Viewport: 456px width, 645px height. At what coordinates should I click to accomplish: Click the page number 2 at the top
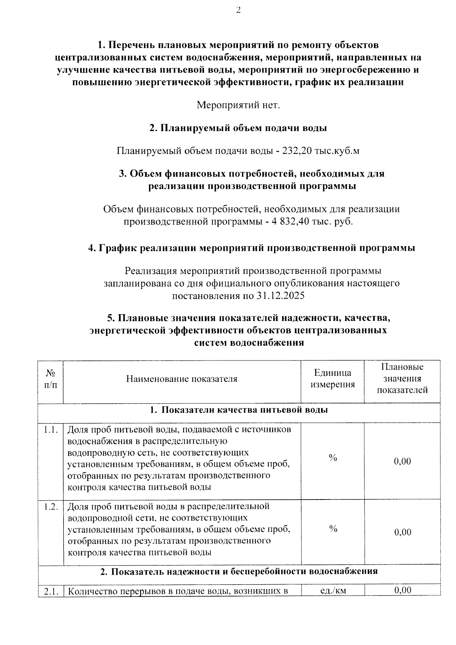pyautogui.click(x=238, y=10)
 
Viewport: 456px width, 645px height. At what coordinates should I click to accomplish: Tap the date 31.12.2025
pyautogui.click(x=280, y=295)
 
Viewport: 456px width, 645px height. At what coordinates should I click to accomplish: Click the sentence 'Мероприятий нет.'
pyautogui.click(x=238, y=105)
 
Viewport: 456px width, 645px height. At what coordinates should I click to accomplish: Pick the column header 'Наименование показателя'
pyautogui.click(x=182, y=378)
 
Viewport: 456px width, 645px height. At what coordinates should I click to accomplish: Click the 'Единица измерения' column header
pyautogui.click(x=332, y=378)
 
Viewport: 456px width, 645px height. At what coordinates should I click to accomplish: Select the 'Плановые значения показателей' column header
pyautogui.click(x=402, y=378)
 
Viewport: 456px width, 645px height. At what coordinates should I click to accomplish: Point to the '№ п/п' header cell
pyautogui.click(x=51, y=378)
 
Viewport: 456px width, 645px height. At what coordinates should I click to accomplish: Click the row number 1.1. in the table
pyautogui.click(x=51, y=430)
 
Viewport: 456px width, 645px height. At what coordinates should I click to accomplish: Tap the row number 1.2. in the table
pyautogui.click(x=51, y=507)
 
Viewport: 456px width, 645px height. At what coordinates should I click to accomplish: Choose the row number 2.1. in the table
pyautogui.click(x=51, y=591)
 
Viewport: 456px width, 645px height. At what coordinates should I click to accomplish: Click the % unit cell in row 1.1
pyautogui.click(x=333, y=458)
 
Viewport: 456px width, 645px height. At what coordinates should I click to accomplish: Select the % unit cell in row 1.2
pyautogui.click(x=333, y=529)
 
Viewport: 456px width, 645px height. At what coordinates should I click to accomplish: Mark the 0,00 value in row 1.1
pyautogui.click(x=402, y=461)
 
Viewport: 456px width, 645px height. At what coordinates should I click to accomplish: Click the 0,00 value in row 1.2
pyautogui.click(x=402, y=532)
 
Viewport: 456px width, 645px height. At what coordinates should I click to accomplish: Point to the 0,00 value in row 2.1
pyautogui.click(x=402, y=590)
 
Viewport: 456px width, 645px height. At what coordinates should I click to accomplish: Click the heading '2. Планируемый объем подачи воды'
pyautogui.click(x=238, y=128)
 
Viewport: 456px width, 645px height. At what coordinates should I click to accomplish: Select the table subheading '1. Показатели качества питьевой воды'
pyautogui.click(x=239, y=410)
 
